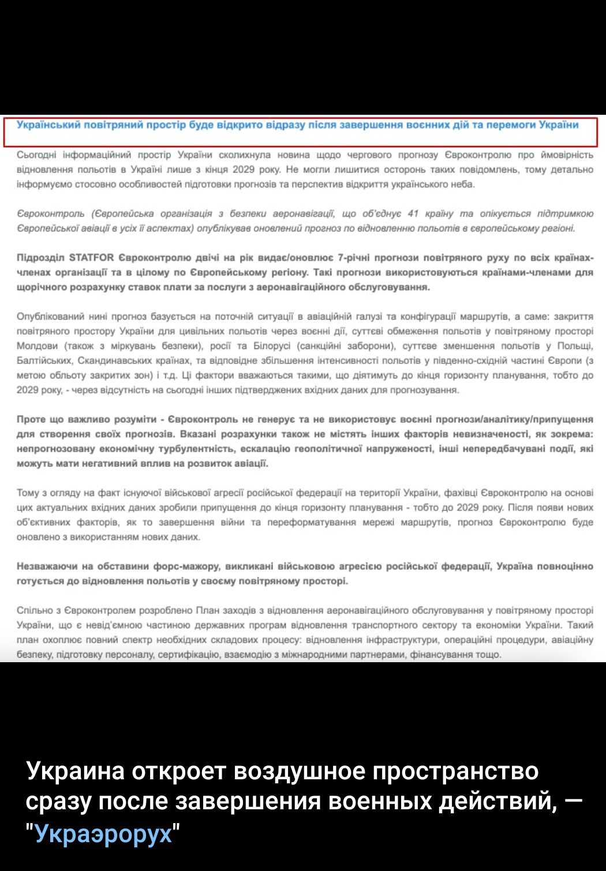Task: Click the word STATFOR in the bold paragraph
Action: [x=91, y=257]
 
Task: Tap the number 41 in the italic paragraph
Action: [x=413, y=213]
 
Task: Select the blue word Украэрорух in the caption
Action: [x=103, y=834]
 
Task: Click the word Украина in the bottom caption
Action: [x=75, y=771]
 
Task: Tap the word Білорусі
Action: [x=270, y=346]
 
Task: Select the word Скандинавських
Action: [x=117, y=361]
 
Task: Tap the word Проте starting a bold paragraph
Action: [x=31, y=419]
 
